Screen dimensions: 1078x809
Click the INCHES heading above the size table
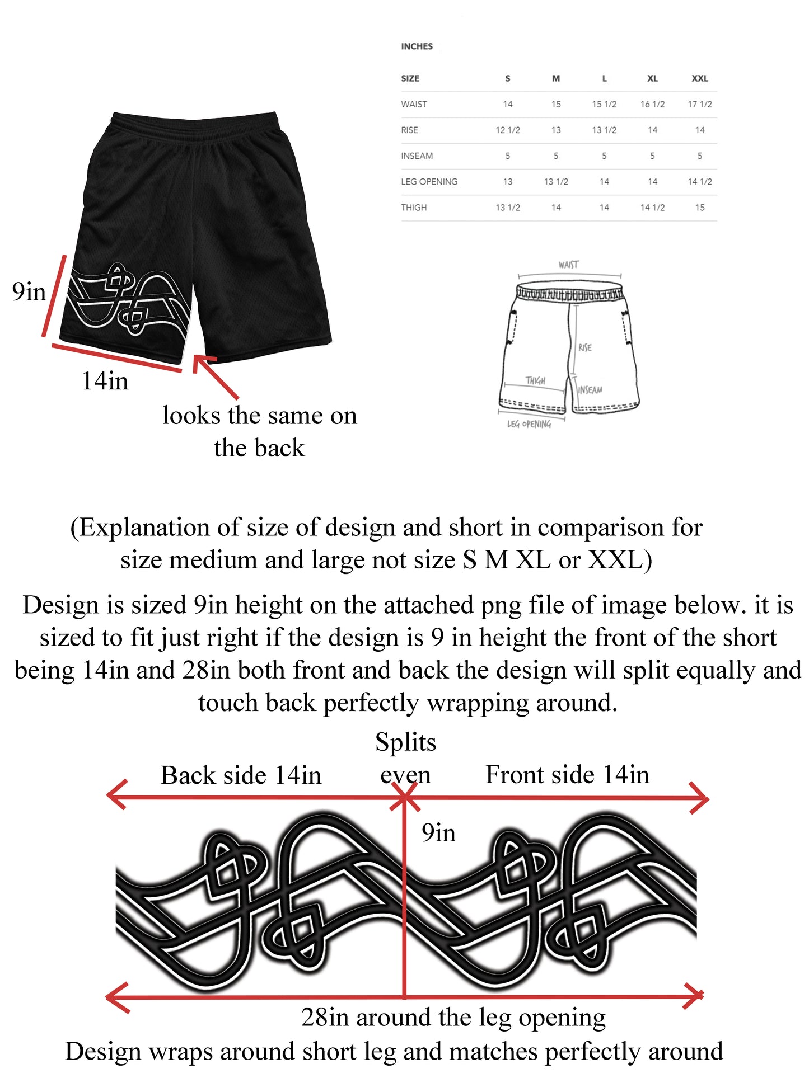click(417, 46)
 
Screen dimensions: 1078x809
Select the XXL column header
click(699, 79)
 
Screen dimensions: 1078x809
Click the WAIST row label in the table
click(414, 105)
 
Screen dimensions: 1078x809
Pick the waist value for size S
click(507, 105)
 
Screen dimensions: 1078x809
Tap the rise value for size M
click(555, 130)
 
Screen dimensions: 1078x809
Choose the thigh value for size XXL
click(699, 208)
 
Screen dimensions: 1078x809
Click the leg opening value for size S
click(507, 182)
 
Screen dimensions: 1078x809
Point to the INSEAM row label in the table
click(417, 156)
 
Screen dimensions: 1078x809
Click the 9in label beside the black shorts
click(29, 292)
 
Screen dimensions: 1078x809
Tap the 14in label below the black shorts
click(105, 382)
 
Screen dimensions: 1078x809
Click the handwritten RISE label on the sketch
click(585, 347)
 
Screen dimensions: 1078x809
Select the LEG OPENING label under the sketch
click(529, 425)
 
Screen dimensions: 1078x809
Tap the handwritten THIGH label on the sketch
click(535, 380)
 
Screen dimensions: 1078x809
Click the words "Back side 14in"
click(241, 776)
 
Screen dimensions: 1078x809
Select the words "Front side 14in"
click(567, 775)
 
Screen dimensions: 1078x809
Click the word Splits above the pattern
click(405, 743)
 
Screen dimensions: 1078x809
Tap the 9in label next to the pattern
click(438, 834)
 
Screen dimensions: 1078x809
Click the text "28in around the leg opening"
click(453, 1018)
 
